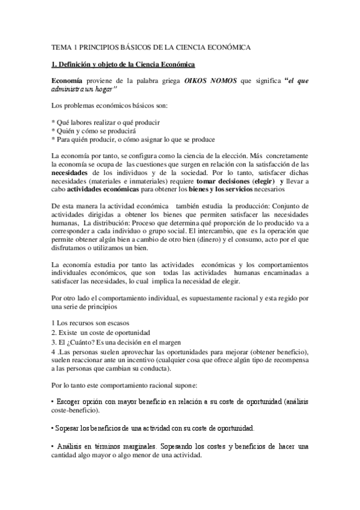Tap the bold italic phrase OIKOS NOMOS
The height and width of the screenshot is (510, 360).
(210, 81)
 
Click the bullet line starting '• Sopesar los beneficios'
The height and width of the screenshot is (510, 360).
(153, 429)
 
